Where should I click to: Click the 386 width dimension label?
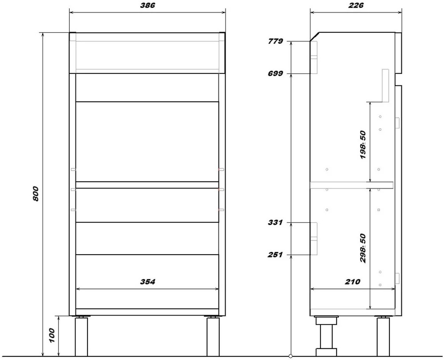coord(147,5)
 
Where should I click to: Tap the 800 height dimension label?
coord(36,194)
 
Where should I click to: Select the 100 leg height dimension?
coord(52,336)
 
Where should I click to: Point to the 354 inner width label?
coord(147,282)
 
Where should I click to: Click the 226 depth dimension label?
coord(356,5)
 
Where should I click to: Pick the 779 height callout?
coord(275,41)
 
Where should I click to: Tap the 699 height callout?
coord(275,74)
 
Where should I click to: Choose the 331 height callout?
coord(275,223)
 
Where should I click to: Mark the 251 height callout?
coord(275,255)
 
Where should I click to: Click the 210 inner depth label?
coord(353,282)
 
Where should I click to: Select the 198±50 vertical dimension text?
coord(363,145)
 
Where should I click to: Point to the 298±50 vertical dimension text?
coord(363,248)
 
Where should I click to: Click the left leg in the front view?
coord(81,336)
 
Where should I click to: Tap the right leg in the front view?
coord(213,336)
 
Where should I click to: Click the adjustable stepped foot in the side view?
coord(326,336)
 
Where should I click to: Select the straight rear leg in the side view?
coord(383,336)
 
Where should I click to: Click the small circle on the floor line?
coord(291,356)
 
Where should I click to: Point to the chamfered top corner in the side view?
coord(315,37)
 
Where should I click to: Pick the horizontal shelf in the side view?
coord(351,185)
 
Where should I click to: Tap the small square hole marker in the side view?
coord(379,210)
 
